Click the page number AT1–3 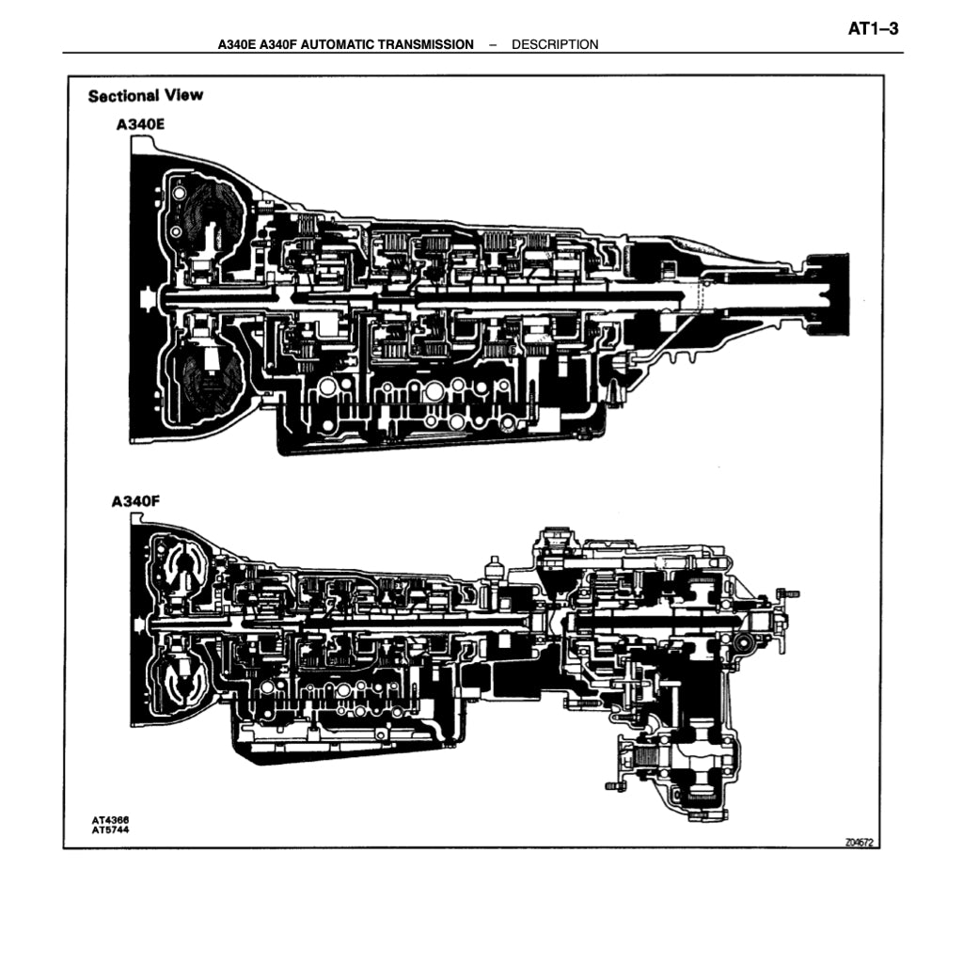873,29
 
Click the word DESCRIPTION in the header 555,44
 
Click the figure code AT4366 110,820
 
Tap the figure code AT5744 110,829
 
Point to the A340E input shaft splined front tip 144,299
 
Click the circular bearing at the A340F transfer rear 744,642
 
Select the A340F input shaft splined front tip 141,624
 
